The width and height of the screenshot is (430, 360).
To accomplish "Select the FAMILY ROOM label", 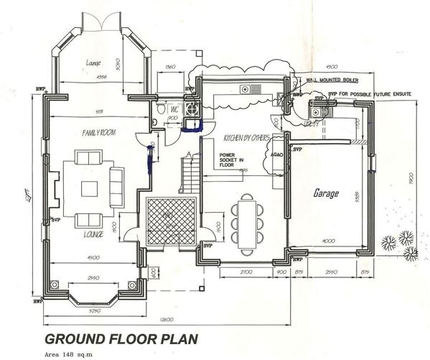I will pos(101,134).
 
